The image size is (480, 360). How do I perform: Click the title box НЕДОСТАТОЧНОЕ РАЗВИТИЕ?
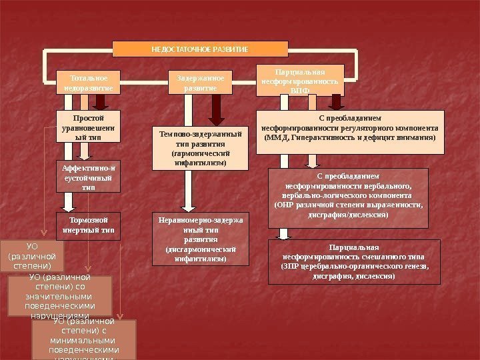tap(200, 49)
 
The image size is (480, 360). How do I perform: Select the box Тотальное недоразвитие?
tap(88, 82)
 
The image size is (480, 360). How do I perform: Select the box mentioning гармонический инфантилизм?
tap(200, 148)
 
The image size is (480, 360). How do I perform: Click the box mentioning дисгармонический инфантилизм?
tap(199, 239)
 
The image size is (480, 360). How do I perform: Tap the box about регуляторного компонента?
tap(350, 132)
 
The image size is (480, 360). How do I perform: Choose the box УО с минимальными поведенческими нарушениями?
tap(83, 340)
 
